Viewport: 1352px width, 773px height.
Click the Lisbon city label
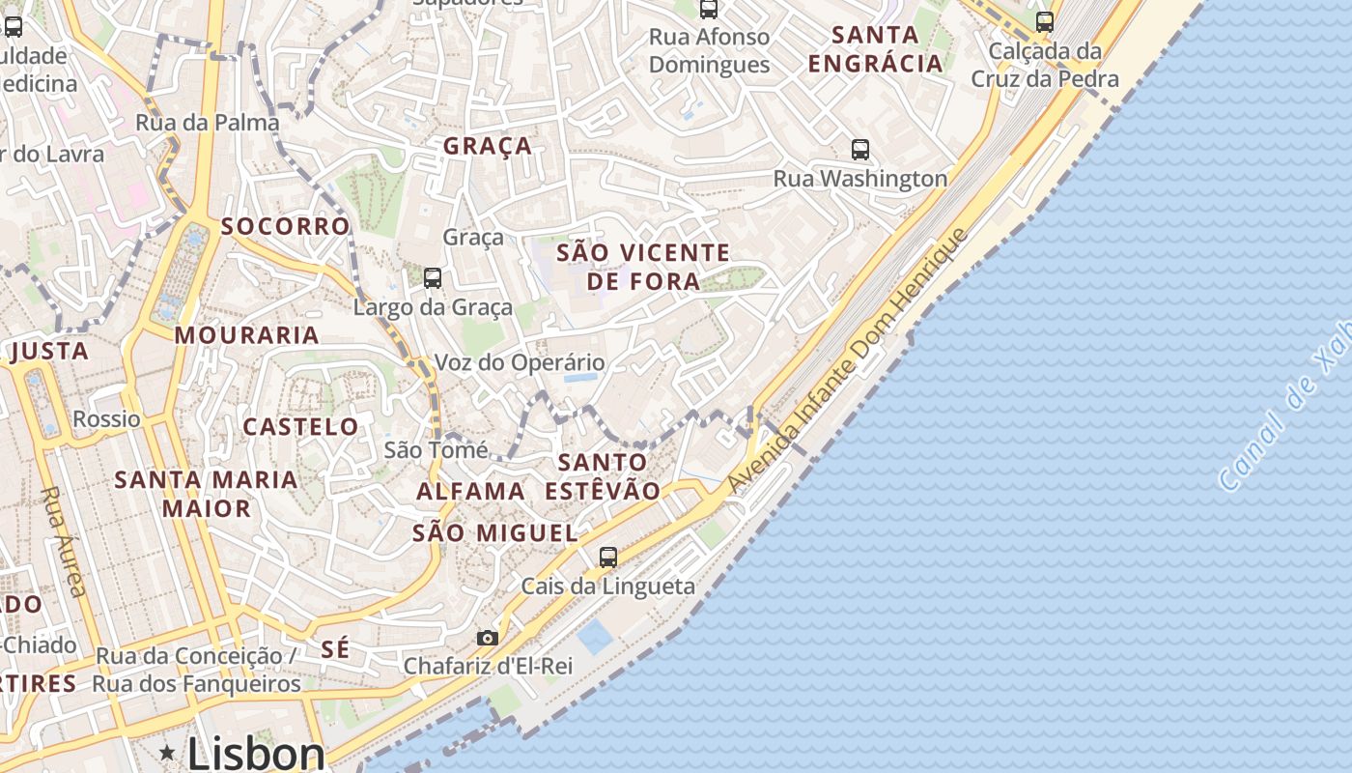click(x=256, y=753)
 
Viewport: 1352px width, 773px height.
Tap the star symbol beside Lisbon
click(x=168, y=752)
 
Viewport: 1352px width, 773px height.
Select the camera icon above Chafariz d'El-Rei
click(x=487, y=638)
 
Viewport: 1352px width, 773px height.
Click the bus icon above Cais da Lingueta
click(x=607, y=557)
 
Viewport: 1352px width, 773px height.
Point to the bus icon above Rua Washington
click(x=859, y=150)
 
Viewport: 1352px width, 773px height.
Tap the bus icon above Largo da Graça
click(x=433, y=278)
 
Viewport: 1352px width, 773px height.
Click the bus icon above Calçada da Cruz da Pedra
click(x=1044, y=21)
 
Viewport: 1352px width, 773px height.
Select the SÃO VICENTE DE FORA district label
click(x=643, y=267)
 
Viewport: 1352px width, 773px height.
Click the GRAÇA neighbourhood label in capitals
click(x=488, y=146)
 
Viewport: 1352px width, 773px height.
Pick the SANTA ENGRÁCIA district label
click(x=875, y=49)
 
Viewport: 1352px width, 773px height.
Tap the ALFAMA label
click(x=470, y=491)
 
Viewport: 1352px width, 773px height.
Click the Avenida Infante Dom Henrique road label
click(x=847, y=361)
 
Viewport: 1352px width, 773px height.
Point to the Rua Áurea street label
click(x=65, y=540)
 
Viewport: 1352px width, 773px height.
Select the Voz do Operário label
click(x=520, y=362)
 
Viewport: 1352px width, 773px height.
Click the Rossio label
click(x=106, y=418)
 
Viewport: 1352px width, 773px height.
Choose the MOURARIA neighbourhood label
click(x=246, y=335)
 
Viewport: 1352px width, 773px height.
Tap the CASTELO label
click(x=300, y=426)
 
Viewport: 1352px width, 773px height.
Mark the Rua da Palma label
click(x=208, y=123)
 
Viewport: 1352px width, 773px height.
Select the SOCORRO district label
click(x=285, y=226)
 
